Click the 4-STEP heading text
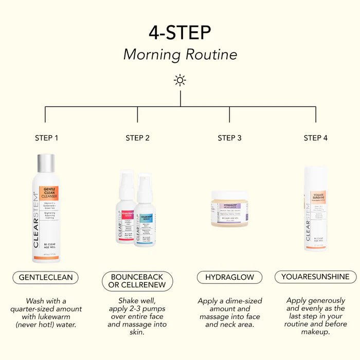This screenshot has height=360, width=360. point(180,32)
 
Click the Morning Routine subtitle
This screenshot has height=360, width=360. point(180,55)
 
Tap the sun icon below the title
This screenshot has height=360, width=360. point(180,80)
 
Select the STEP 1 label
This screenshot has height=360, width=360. point(46,138)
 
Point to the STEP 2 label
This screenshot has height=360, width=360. point(137,138)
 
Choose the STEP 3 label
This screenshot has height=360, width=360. point(229,138)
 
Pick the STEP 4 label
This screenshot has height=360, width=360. point(315,138)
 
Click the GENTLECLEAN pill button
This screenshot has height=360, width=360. point(46,277)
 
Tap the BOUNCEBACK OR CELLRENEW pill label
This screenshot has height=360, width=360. point(137,281)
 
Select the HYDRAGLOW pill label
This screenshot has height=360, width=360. point(229,277)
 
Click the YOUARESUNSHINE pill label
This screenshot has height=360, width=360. point(315,277)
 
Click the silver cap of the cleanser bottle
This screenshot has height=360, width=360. point(46,164)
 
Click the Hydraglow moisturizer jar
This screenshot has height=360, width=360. point(229,209)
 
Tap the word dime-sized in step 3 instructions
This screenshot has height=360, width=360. point(242,301)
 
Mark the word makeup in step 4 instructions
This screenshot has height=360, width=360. point(315,332)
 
